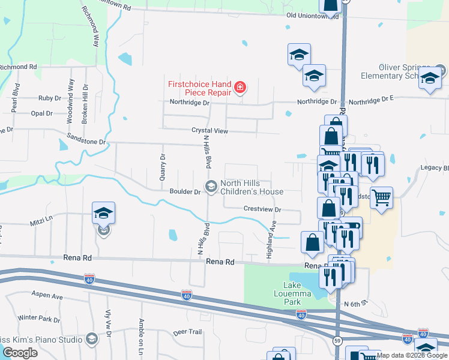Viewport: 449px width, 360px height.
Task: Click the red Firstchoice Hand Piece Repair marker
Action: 240,89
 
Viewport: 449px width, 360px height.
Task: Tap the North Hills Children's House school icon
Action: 211,187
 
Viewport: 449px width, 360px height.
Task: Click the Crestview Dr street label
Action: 262,209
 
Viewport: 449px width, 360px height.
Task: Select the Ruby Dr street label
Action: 50,98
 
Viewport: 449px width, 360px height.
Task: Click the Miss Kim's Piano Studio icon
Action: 91,339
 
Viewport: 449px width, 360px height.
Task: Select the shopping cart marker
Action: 382,197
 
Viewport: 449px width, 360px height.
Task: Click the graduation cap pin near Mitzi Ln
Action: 103,214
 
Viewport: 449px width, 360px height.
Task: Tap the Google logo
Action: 20,353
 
